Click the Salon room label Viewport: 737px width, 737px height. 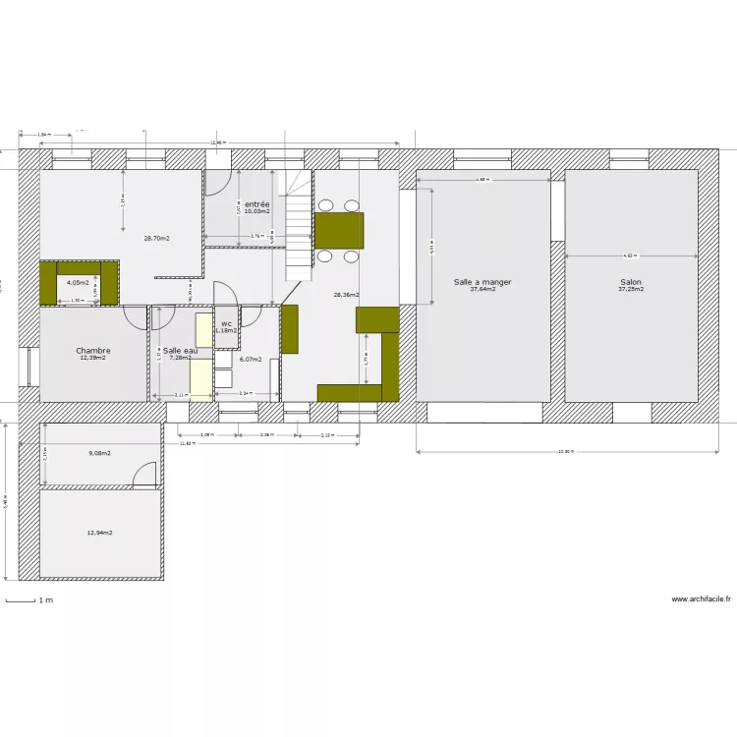pos(630,282)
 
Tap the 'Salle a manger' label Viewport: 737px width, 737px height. pos(482,282)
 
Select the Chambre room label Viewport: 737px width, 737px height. pos(93,351)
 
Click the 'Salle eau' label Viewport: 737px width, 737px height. pos(180,351)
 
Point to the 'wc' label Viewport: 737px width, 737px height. pos(226,323)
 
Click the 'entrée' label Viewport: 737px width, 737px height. pos(256,203)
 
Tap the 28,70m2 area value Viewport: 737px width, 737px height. pos(156,238)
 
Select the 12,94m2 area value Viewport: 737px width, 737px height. pos(99,533)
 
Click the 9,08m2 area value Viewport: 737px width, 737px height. pos(99,453)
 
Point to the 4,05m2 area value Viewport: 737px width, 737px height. pos(78,282)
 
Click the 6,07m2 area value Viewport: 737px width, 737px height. pos(251,359)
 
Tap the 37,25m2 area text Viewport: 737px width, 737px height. pos(630,290)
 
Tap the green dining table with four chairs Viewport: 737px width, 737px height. pos(339,231)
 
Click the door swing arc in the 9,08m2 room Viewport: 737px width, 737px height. pos(145,475)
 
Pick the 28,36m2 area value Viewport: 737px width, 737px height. pos(346,295)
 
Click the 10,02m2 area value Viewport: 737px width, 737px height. pos(256,211)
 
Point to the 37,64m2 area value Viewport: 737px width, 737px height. pos(482,290)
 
